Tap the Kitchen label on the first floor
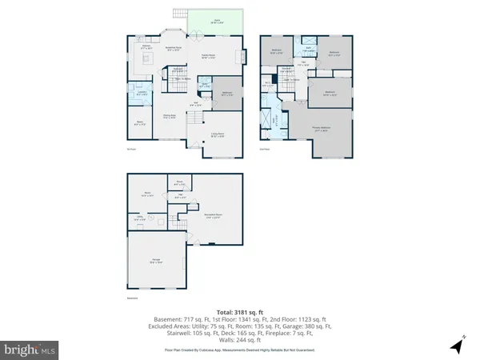pyautogui.click(x=147, y=47)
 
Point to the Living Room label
pyautogui.click(x=217, y=135)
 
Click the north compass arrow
pyautogui.click(x=457, y=346)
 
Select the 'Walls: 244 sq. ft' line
pyautogui.click(x=239, y=339)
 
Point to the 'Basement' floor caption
pyautogui.click(x=132, y=299)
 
